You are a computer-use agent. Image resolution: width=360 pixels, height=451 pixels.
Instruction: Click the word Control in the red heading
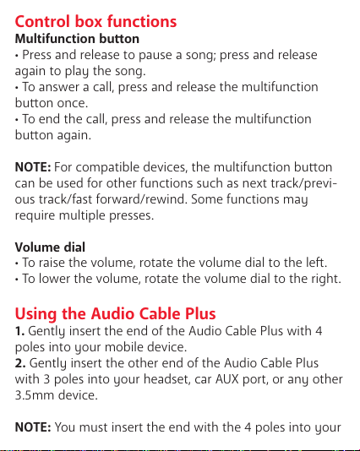pyautogui.click(x=42, y=22)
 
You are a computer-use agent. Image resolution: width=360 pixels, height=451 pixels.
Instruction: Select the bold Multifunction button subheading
pyautogui.click(x=77, y=39)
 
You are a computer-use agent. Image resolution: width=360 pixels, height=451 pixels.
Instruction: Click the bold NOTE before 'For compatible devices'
pyautogui.click(x=33, y=167)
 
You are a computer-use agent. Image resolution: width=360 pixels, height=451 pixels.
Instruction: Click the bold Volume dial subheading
pyautogui.click(x=50, y=247)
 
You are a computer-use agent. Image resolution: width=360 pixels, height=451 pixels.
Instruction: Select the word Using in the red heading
pyautogui.click(x=35, y=314)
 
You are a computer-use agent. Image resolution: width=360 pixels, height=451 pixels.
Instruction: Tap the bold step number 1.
pyautogui.click(x=19, y=331)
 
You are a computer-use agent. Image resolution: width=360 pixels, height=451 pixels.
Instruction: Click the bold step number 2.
pyautogui.click(x=20, y=363)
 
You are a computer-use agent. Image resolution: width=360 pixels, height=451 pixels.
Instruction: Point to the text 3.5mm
pyautogui.click(x=35, y=395)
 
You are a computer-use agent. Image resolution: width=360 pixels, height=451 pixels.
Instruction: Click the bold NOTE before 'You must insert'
pyautogui.click(x=33, y=427)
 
